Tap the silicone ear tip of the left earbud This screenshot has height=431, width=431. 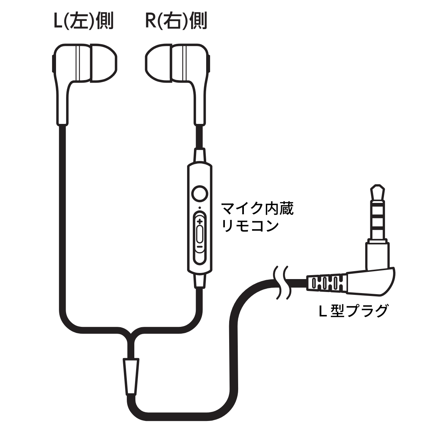click(x=103, y=64)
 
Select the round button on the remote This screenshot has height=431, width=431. click(x=200, y=193)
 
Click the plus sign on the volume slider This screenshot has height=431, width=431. click(x=199, y=222)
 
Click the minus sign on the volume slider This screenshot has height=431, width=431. click(x=199, y=247)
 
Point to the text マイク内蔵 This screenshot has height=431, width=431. click(x=257, y=209)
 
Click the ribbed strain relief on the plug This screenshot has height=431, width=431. click(x=327, y=283)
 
